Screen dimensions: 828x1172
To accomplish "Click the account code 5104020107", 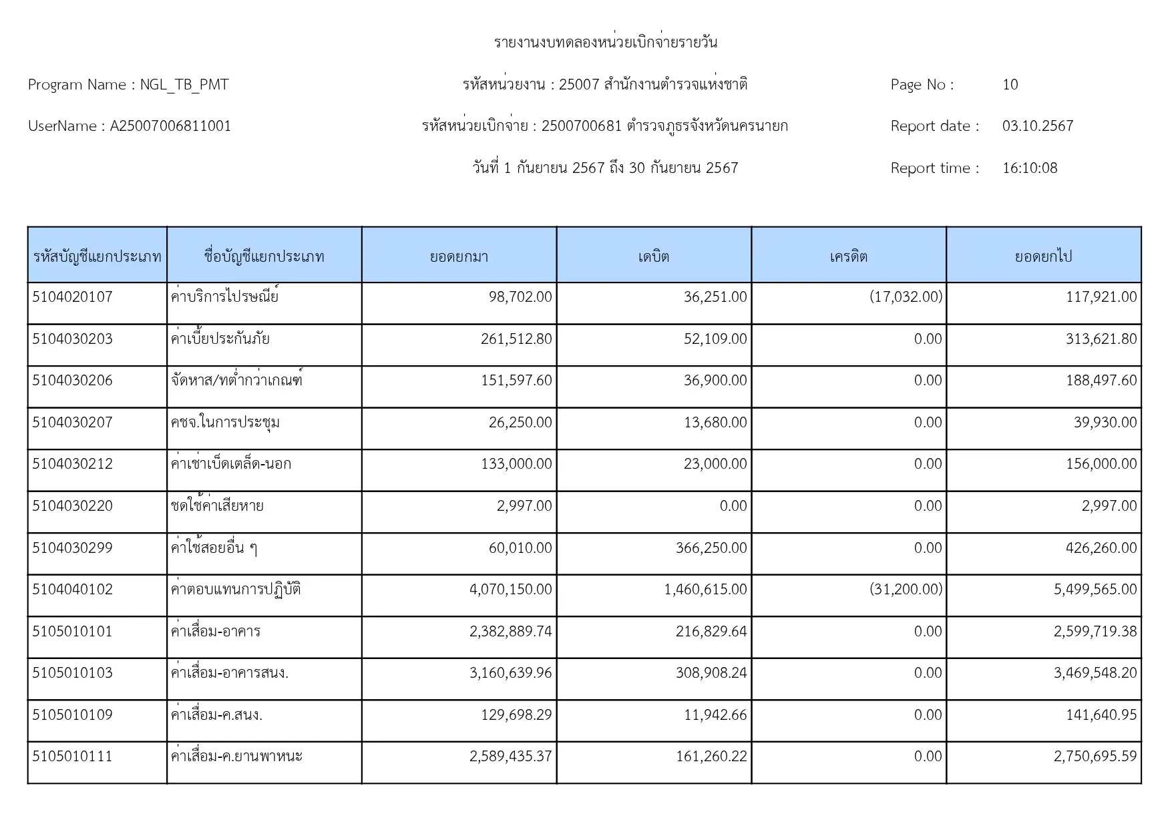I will (x=72, y=297).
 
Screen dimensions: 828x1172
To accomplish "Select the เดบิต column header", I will (x=653, y=256).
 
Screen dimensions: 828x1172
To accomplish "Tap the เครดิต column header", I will (x=848, y=256).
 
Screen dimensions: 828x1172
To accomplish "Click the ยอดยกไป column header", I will (x=1043, y=256).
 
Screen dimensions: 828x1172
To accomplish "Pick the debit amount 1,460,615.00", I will (x=705, y=590).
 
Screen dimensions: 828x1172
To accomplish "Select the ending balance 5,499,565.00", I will (x=1095, y=590).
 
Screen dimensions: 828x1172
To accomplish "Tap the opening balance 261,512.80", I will (x=516, y=339).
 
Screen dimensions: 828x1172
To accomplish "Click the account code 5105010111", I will (x=72, y=757).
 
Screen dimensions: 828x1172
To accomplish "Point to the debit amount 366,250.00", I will (x=711, y=548).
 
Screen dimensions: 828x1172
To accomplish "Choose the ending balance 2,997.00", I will (x=1109, y=506).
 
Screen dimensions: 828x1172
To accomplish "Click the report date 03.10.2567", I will (x=1037, y=126).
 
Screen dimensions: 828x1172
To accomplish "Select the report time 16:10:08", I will (x=1030, y=168).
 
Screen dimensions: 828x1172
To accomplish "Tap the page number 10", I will (x=1010, y=85).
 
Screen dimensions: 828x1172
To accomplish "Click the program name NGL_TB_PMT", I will (x=184, y=85).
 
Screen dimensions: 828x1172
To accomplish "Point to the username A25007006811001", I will (x=170, y=126).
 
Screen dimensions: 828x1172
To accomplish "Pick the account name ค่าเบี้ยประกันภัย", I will (x=220, y=339).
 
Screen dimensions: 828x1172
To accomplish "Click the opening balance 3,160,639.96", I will (x=511, y=673).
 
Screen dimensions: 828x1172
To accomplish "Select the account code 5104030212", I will (x=72, y=464).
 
